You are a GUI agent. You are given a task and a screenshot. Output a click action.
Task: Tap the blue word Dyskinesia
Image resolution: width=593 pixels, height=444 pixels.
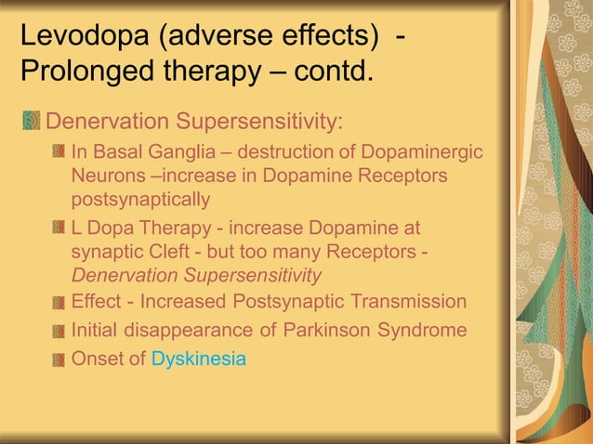(x=199, y=359)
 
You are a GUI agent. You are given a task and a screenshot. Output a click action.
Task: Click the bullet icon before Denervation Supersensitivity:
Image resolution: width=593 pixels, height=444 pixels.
(x=33, y=122)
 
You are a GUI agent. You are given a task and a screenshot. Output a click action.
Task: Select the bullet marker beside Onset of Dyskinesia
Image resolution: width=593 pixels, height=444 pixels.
(x=59, y=359)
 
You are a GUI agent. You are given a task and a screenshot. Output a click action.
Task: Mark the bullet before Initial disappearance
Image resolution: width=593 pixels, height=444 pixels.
(x=59, y=331)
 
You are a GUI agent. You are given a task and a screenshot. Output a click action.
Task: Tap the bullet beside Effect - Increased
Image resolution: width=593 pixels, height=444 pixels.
(x=59, y=303)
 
